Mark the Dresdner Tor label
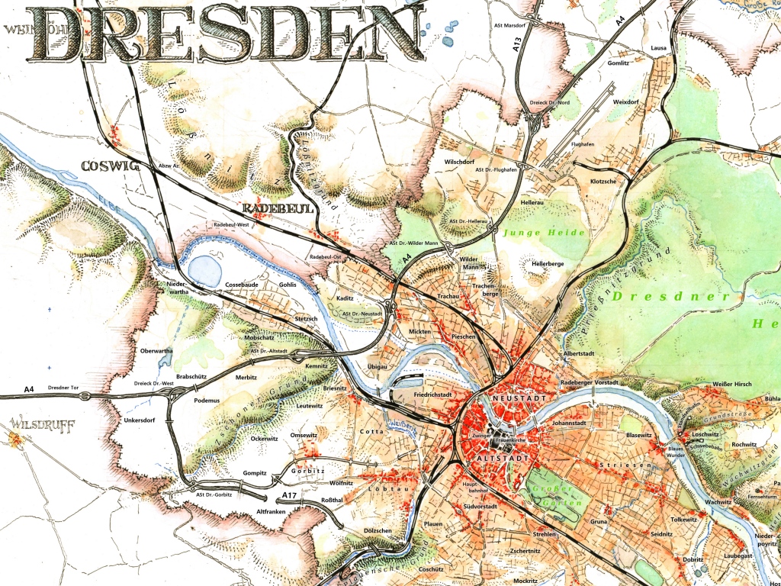65,389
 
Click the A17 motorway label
289,495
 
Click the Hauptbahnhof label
475,487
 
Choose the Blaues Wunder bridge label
676,452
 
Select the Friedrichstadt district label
433,395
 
